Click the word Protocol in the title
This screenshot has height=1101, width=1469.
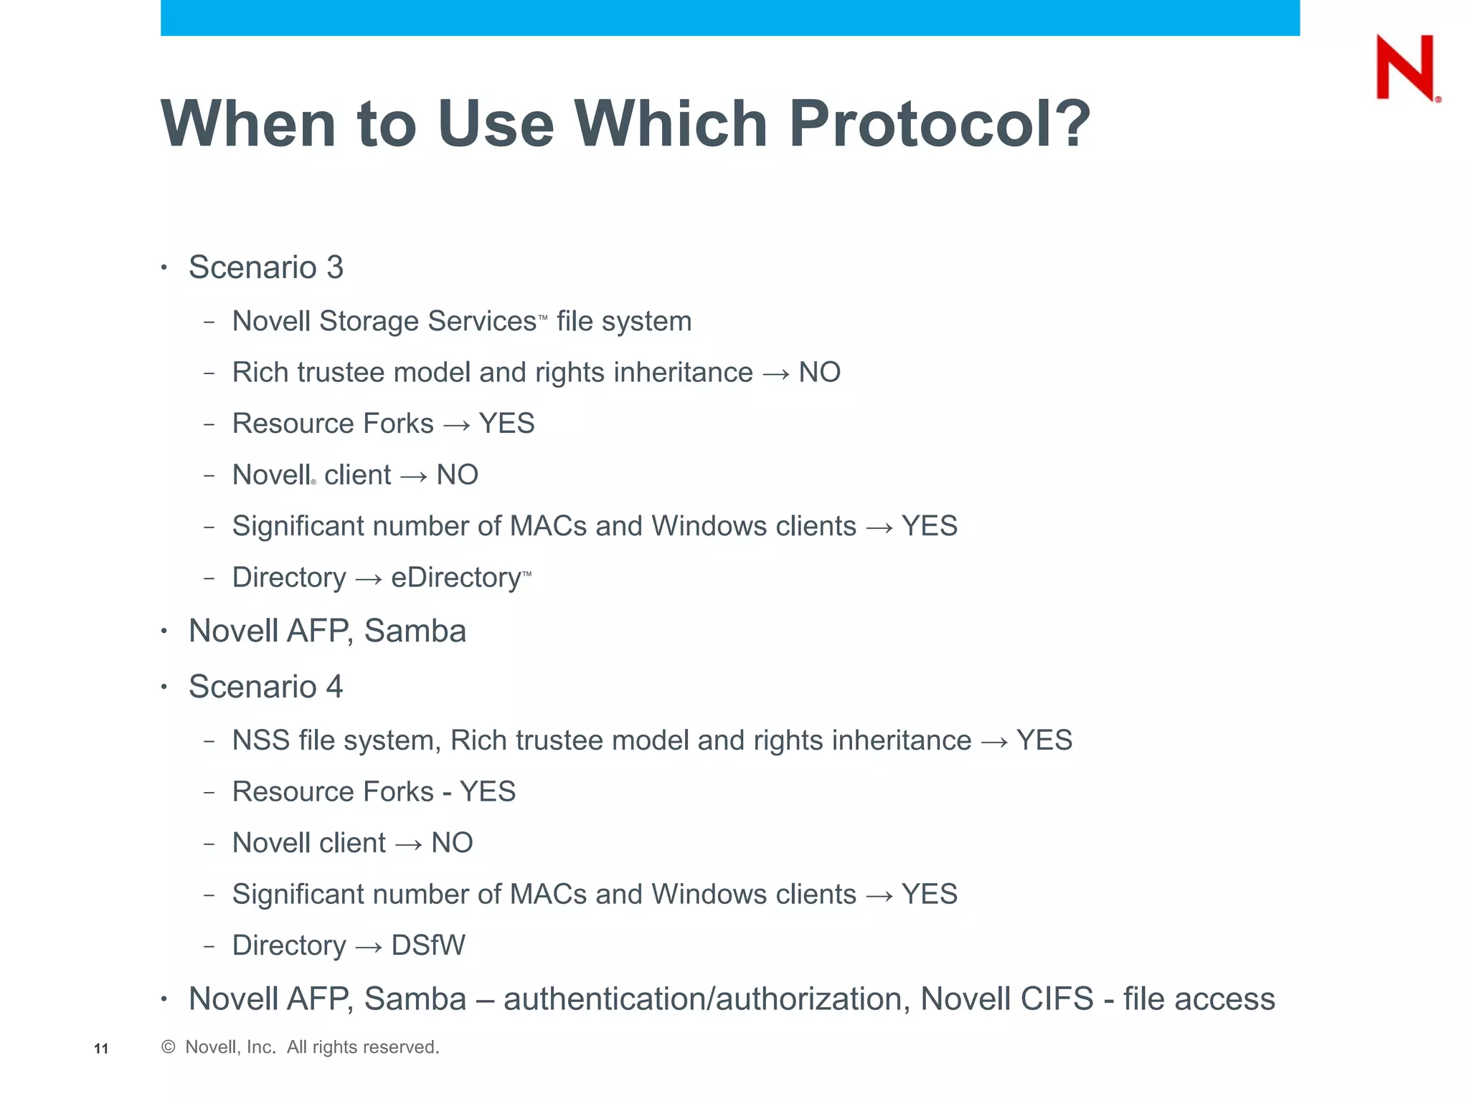[939, 124]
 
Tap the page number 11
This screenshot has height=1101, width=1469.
[101, 1049]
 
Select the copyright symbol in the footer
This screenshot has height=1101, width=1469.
[169, 1047]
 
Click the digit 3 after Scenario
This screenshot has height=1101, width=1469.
[335, 267]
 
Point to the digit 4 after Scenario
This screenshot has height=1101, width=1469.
[334, 687]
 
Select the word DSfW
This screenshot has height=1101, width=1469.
[428, 945]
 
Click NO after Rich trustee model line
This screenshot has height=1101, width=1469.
[819, 373]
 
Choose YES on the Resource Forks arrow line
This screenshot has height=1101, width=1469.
[506, 424]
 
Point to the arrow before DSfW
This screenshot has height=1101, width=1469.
[369, 947]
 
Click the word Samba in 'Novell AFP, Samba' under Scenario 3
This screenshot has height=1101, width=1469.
[415, 631]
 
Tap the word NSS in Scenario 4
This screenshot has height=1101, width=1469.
[261, 740]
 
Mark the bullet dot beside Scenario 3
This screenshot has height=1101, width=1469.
[164, 268]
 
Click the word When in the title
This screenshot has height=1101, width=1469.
[248, 124]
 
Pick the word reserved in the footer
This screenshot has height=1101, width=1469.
[402, 1047]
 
